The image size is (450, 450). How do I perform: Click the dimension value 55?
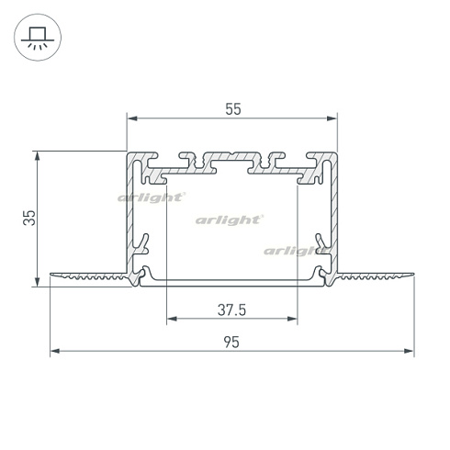click(232, 108)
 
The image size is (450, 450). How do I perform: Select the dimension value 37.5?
click(231, 309)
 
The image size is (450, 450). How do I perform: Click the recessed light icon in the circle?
click(38, 37)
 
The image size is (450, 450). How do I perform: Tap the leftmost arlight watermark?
click(152, 197)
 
